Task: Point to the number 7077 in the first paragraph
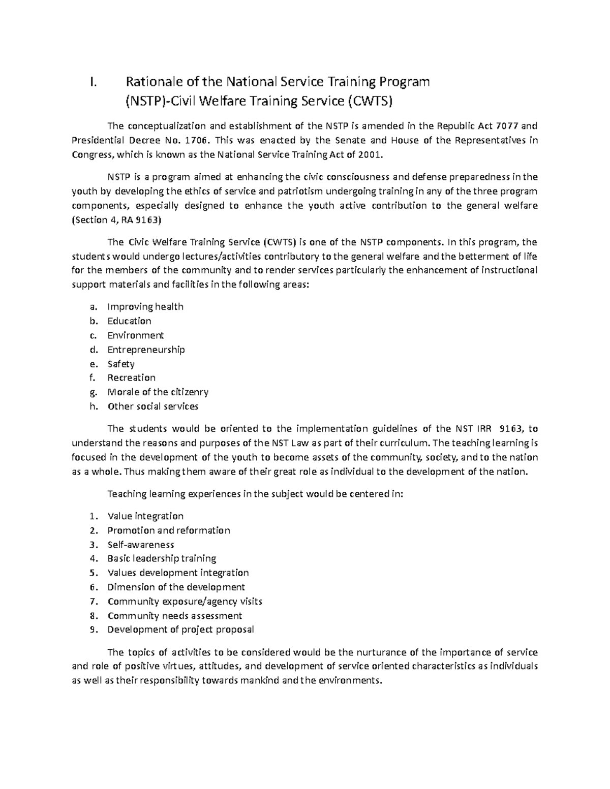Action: click(506, 126)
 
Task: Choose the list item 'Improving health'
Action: click(145, 306)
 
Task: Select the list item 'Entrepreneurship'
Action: click(146, 350)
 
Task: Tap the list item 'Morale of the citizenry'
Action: click(158, 392)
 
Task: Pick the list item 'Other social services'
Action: click(152, 406)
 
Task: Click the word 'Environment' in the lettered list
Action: click(135, 335)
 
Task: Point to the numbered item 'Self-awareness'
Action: click(140, 545)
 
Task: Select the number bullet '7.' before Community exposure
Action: click(93, 602)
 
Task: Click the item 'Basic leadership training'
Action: click(162, 558)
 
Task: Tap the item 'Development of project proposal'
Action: click(180, 629)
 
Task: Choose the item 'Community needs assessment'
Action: click(174, 616)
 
